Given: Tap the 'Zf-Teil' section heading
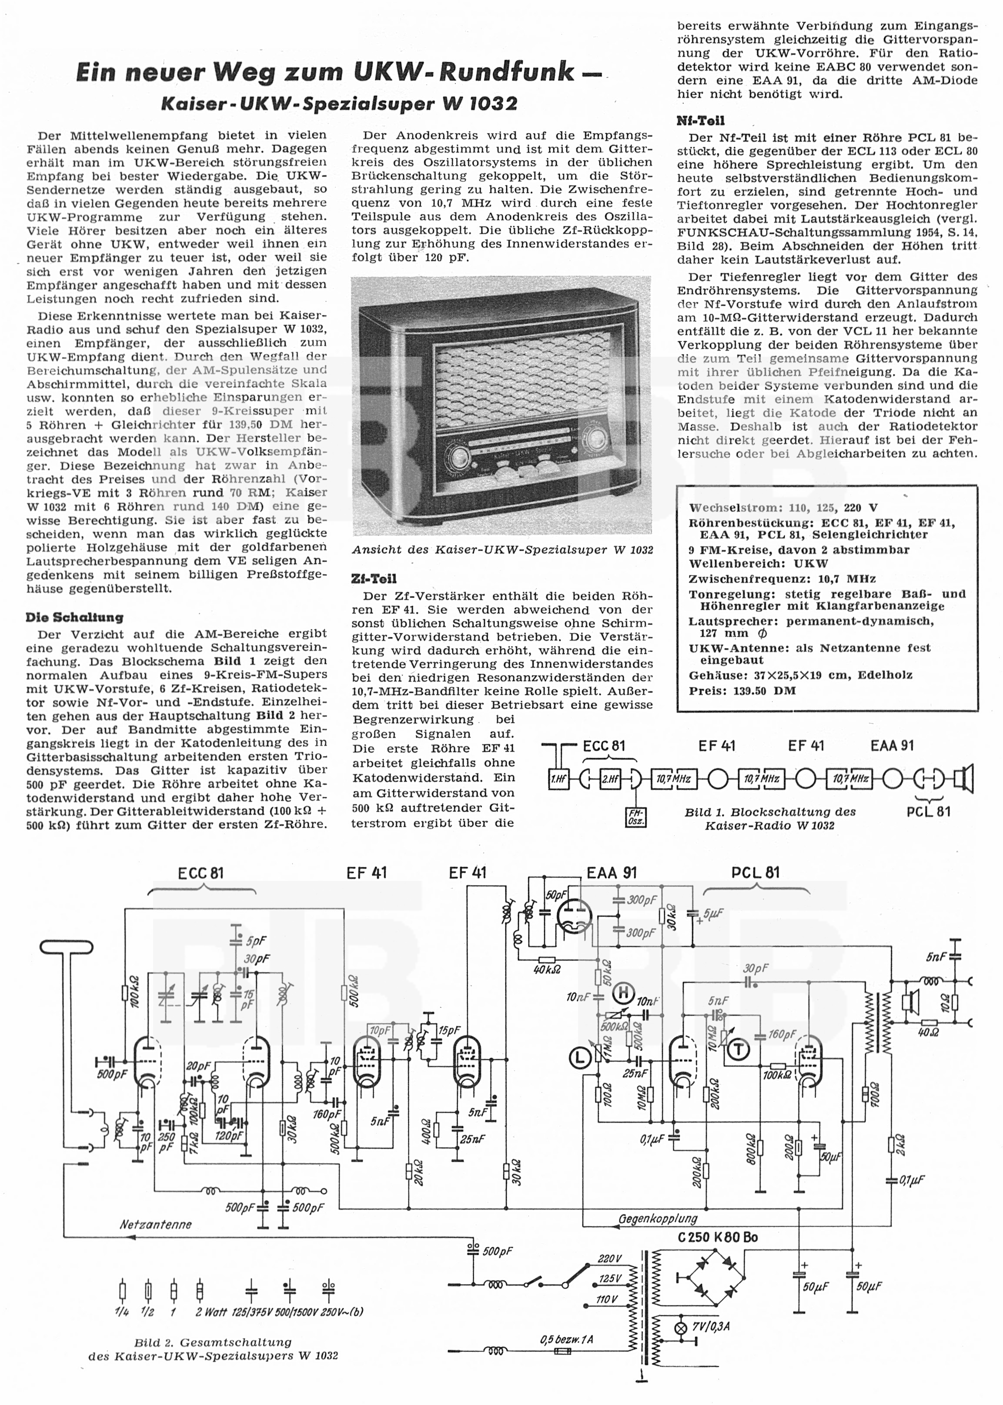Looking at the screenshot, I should pos(374,579).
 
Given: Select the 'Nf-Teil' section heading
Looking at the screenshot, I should pos(700,120).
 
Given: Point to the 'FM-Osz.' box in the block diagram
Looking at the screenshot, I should pos(635,816).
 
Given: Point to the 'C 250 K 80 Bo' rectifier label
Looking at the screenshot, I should pos(717,1237).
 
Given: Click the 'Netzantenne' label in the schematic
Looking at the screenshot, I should pos(156,1224).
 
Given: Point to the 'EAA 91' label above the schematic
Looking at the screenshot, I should pos(612,873).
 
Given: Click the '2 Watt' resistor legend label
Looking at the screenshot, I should pos(211,1312).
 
